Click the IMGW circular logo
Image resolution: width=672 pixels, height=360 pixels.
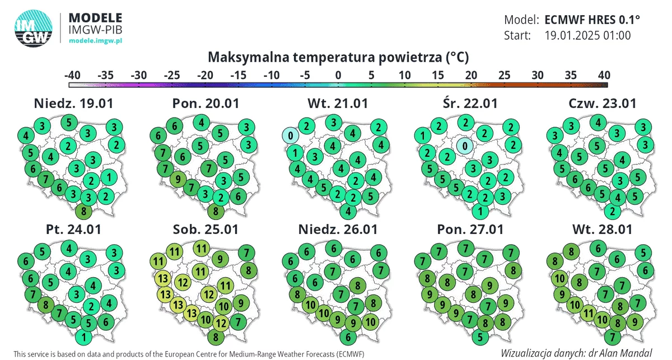(x=33, y=28)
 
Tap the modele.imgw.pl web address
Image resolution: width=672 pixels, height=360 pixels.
(x=95, y=40)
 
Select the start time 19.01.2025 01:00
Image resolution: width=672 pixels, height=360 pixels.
(x=587, y=35)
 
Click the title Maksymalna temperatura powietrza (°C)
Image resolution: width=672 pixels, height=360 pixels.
(x=338, y=57)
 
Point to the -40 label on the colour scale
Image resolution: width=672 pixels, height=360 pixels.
(x=72, y=75)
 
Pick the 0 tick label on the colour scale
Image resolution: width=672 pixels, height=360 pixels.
(x=338, y=75)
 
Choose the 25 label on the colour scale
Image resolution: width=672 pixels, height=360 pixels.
(x=505, y=75)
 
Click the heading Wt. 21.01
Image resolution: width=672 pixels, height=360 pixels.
(x=338, y=104)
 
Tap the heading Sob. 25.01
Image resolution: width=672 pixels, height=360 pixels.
(x=206, y=230)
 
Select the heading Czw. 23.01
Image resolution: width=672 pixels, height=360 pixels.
(x=603, y=104)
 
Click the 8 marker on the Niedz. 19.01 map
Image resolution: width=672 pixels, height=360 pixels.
(x=83, y=211)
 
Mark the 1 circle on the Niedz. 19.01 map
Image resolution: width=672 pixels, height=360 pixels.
(x=109, y=177)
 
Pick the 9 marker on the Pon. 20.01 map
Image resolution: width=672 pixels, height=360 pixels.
(x=178, y=179)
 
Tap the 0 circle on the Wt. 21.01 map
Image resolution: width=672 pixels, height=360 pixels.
(x=291, y=135)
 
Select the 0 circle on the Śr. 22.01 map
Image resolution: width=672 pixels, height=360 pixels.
(x=465, y=146)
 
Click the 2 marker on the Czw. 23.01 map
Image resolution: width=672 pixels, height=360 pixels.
(x=612, y=211)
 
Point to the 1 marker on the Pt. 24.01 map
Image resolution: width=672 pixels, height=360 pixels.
(x=83, y=337)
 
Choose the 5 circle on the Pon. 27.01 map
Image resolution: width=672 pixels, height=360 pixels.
(x=480, y=337)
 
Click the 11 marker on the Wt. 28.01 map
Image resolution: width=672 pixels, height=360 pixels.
(x=589, y=313)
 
